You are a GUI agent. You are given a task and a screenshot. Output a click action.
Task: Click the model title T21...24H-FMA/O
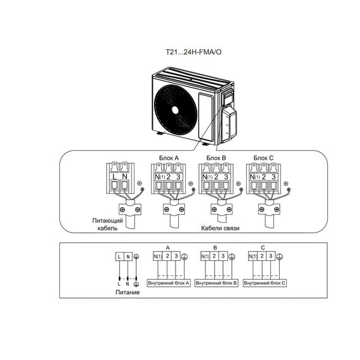point(193,52)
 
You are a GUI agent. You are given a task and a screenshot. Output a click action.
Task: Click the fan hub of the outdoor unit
point(175,110)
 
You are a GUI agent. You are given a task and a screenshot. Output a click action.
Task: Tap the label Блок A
point(169,158)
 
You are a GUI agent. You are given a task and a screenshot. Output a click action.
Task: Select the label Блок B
point(216,158)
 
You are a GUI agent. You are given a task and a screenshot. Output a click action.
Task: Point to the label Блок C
point(263,158)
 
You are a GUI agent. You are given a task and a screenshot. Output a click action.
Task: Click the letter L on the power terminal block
point(115,177)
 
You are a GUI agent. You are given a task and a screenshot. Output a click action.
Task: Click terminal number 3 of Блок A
point(178,177)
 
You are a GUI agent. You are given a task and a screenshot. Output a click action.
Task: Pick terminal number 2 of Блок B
point(216,177)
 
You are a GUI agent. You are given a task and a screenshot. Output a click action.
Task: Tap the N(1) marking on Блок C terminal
point(255,177)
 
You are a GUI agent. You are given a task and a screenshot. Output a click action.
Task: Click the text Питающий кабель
point(107,224)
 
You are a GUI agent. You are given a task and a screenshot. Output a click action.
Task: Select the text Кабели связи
point(220,228)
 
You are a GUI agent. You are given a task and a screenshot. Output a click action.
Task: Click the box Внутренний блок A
point(169,283)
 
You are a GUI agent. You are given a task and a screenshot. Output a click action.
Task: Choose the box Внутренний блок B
point(216,283)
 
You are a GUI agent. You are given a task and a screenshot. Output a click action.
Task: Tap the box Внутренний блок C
point(265,283)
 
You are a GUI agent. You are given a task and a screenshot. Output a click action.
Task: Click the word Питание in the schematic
point(128,292)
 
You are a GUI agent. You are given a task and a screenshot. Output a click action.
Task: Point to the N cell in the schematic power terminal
point(128,256)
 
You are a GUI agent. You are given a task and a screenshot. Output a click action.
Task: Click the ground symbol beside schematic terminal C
point(279,256)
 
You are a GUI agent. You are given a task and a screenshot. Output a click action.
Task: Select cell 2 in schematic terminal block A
point(167,256)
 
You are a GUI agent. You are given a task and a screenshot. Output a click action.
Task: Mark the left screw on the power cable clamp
point(123,210)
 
